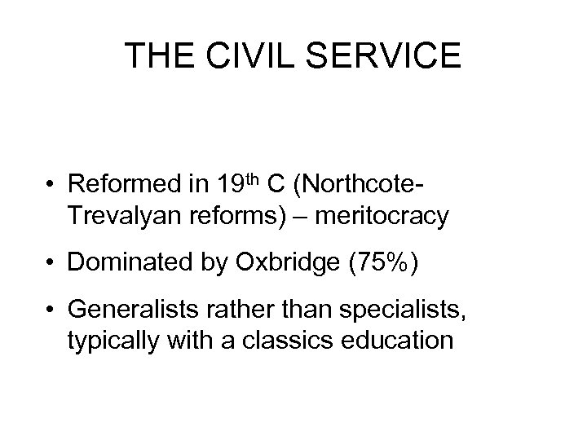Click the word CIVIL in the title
click(236, 55)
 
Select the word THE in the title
click(155, 55)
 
